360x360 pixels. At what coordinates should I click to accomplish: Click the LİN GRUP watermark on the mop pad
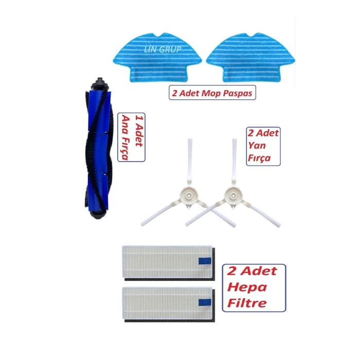click(163, 49)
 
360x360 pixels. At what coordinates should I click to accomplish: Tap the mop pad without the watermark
click(250, 58)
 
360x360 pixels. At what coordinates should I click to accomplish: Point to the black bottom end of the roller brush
click(98, 214)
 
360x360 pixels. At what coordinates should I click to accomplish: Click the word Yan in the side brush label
click(257, 146)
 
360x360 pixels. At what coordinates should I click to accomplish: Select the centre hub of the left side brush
click(189, 195)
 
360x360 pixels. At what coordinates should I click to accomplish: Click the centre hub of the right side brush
click(233, 195)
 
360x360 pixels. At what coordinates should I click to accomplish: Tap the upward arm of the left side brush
click(190, 160)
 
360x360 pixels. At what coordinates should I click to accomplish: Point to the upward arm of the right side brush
click(235, 160)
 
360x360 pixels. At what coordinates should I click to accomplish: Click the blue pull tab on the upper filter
click(205, 261)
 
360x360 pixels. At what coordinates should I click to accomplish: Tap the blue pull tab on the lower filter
click(205, 302)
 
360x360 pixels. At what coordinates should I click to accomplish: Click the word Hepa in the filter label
click(247, 287)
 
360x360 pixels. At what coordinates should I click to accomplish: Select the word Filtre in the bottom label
click(247, 303)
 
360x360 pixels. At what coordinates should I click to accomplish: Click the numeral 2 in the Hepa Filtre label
click(232, 271)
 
